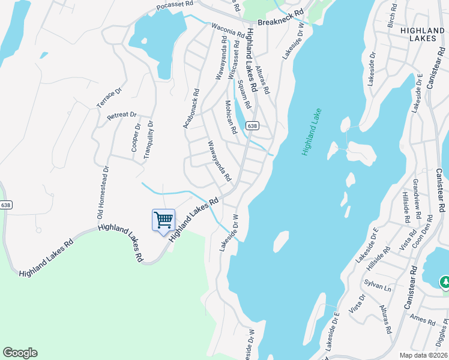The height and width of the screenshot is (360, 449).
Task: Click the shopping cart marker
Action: (163, 221)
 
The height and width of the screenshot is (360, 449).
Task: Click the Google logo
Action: (20, 353)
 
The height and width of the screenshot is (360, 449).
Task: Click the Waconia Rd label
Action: (229, 30)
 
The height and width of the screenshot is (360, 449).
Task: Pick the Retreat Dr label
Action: (122, 115)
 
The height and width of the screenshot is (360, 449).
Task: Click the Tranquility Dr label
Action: (148, 140)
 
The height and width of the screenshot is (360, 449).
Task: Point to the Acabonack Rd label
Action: (191, 108)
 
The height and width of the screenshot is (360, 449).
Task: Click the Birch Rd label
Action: (392, 16)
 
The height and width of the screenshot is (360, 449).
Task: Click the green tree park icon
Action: (445, 281)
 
